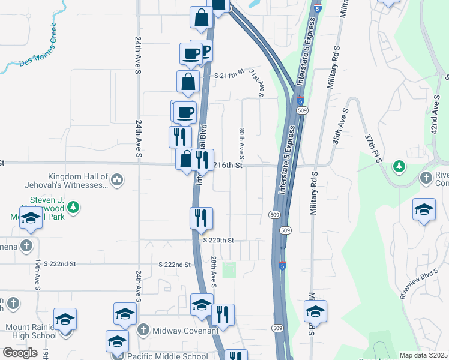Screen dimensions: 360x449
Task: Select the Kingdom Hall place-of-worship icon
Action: pyautogui.click(x=117, y=178)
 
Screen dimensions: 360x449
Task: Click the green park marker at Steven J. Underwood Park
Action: pyautogui.click(x=74, y=207)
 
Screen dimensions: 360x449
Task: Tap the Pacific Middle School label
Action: pyautogui.click(x=167, y=356)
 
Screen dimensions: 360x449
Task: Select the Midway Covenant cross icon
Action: pyautogui.click(x=143, y=329)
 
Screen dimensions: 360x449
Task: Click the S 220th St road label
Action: pyautogui.click(x=218, y=240)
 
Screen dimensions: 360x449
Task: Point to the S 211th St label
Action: pyautogui.click(x=230, y=74)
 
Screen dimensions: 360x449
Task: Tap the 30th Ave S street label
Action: pyautogui.click(x=242, y=139)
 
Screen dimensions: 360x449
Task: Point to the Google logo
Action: pyautogui.click(x=20, y=353)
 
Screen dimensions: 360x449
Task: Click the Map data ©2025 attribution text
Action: pyautogui.click(x=423, y=355)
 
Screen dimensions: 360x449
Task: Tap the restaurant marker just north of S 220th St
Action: pyautogui.click(x=201, y=218)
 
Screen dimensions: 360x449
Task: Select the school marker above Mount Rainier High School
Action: pyautogui.click(x=65, y=319)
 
